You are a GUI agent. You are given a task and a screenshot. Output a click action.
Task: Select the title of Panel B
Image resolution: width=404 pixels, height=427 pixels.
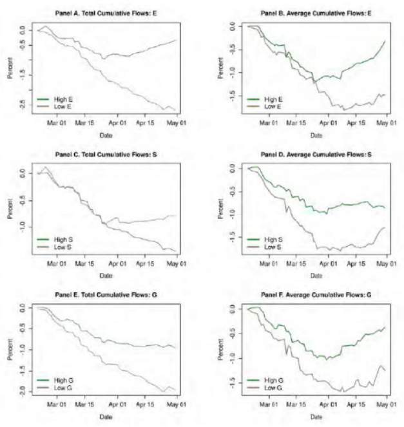316,12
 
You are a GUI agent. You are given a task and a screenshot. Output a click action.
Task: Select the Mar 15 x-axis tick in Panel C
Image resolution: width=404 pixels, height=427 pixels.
82,264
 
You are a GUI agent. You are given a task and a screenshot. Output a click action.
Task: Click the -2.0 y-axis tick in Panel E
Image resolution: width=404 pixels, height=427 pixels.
21,391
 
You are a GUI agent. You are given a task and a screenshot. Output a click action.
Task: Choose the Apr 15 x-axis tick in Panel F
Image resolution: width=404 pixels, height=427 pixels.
358,405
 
